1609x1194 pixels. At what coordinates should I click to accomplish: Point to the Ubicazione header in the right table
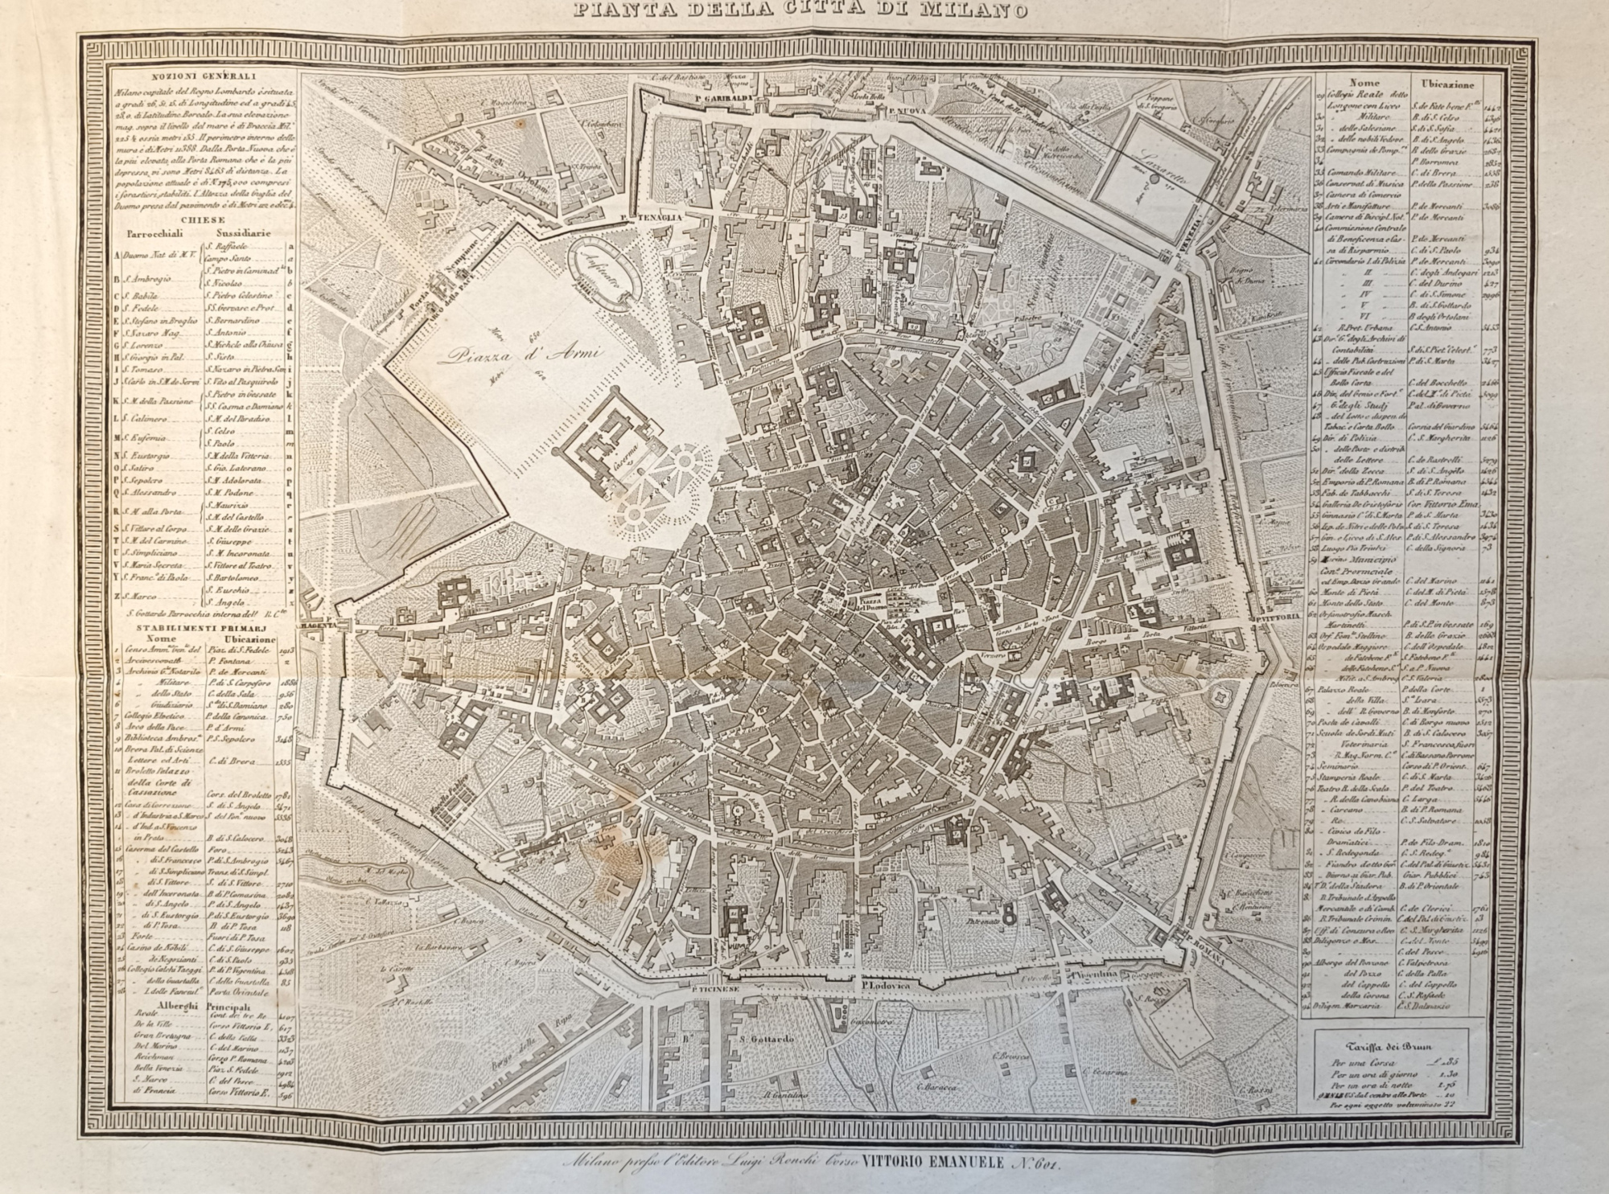(x=1445, y=83)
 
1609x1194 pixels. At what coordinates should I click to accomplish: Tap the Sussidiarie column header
(x=239, y=234)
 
